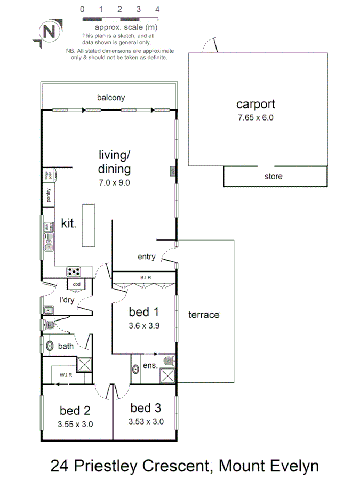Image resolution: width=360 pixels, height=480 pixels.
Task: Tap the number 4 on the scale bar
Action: coord(157,9)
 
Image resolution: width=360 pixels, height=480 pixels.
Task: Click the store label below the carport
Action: coord(273,177)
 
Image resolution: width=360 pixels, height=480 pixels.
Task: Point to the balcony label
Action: coord(111,98)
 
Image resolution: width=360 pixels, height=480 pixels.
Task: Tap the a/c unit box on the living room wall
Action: coord(173,171)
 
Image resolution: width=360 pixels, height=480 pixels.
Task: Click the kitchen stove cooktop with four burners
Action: coord(74,272)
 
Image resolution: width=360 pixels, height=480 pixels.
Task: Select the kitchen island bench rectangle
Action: coord(89,225)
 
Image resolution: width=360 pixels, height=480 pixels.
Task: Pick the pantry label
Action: coord(48,196)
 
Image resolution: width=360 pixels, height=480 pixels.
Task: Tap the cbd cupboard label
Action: coord(77,284)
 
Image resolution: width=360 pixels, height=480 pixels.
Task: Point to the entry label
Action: coord(146,257)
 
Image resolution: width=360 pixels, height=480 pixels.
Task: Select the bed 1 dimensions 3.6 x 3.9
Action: coord(143,325)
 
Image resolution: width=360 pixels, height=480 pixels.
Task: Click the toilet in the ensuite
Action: coord(170,359)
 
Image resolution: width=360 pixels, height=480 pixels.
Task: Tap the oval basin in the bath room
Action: coord(50,346)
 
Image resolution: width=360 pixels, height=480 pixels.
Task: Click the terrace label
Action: coord(204,315)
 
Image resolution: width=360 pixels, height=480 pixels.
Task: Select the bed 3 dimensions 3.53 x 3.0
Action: coord(146,421)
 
